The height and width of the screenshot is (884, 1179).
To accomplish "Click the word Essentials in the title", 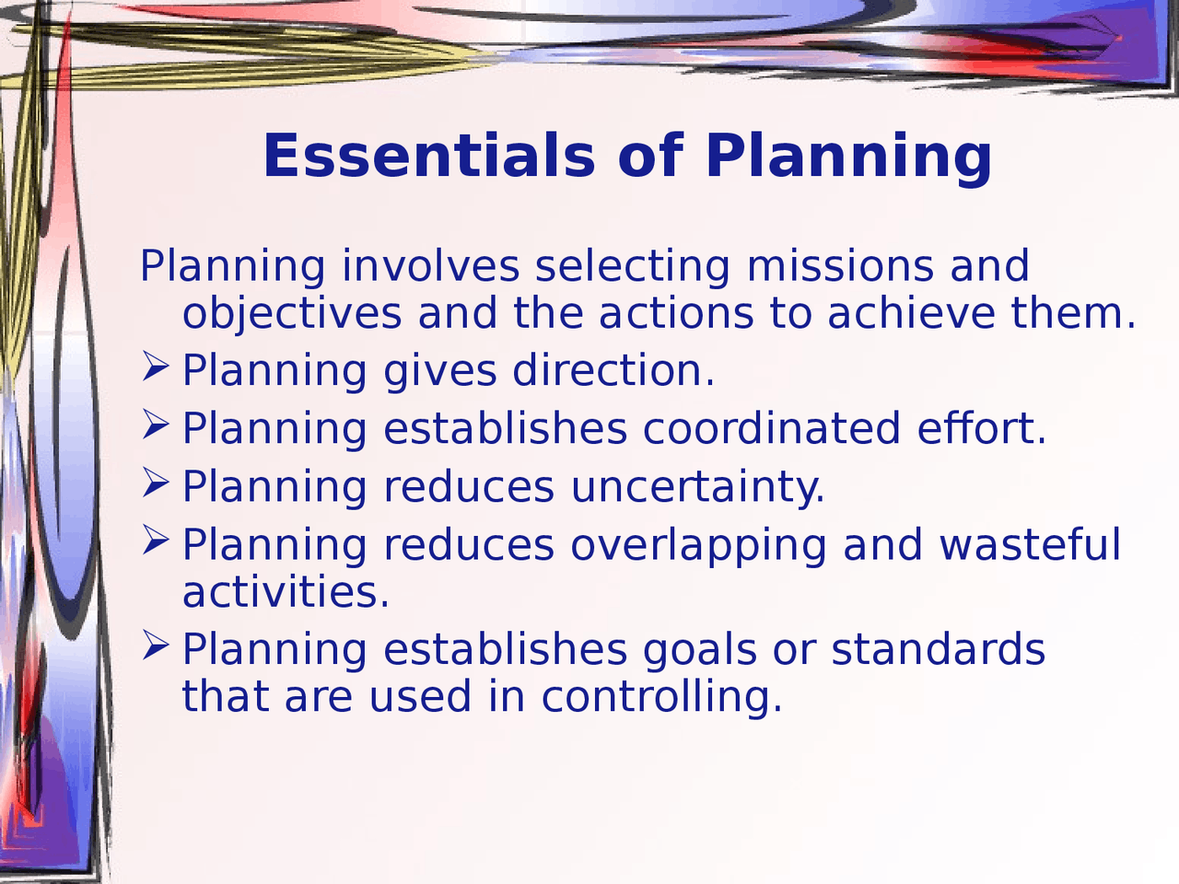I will pyautogui.click(x=429, y=156).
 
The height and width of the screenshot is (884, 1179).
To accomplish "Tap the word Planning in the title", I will pyautogui.click(x=848, y=157).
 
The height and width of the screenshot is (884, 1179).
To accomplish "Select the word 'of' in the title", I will pyautogui.click(x=650, y=156).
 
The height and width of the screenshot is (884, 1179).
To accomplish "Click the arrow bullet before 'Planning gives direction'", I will pyautogui.click(x=156, y=368).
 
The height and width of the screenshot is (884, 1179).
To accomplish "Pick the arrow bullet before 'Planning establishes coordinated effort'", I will pyautogui.click(x=156, y=425).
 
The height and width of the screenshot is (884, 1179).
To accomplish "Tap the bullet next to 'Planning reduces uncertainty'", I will pyautogui.click(x=156, y=483).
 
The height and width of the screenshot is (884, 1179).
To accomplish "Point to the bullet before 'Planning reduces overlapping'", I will pyautogui.click(x=156, y=541).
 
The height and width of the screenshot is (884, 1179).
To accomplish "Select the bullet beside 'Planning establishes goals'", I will pyautogui.click(x=156, y=646).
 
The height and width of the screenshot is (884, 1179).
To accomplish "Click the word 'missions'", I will pyautogui.click(x=840, y=267).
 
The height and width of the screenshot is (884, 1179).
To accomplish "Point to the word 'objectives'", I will pyautogui.click(x=292, y=314).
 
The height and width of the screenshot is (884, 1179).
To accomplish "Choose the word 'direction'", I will pyautogui.click(x=613, y=371).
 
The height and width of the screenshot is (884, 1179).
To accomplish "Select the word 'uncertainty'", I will pyautogui.click(x=697, y=488).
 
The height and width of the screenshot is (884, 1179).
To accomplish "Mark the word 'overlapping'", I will pyautogui.click(x=698, y=546).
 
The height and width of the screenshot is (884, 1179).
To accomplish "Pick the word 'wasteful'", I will pyautogui.click(x=1030, y=544).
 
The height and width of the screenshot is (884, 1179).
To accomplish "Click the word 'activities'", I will pyautogui.click(x=286, y=592).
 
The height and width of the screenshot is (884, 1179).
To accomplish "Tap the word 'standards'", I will pyautogui.click(x=938, y=649).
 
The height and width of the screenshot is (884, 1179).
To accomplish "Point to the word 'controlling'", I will pyautogui.click(x=661, y=697).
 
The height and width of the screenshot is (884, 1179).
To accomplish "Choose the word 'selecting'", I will pyautogui.click(x=632, y=267).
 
